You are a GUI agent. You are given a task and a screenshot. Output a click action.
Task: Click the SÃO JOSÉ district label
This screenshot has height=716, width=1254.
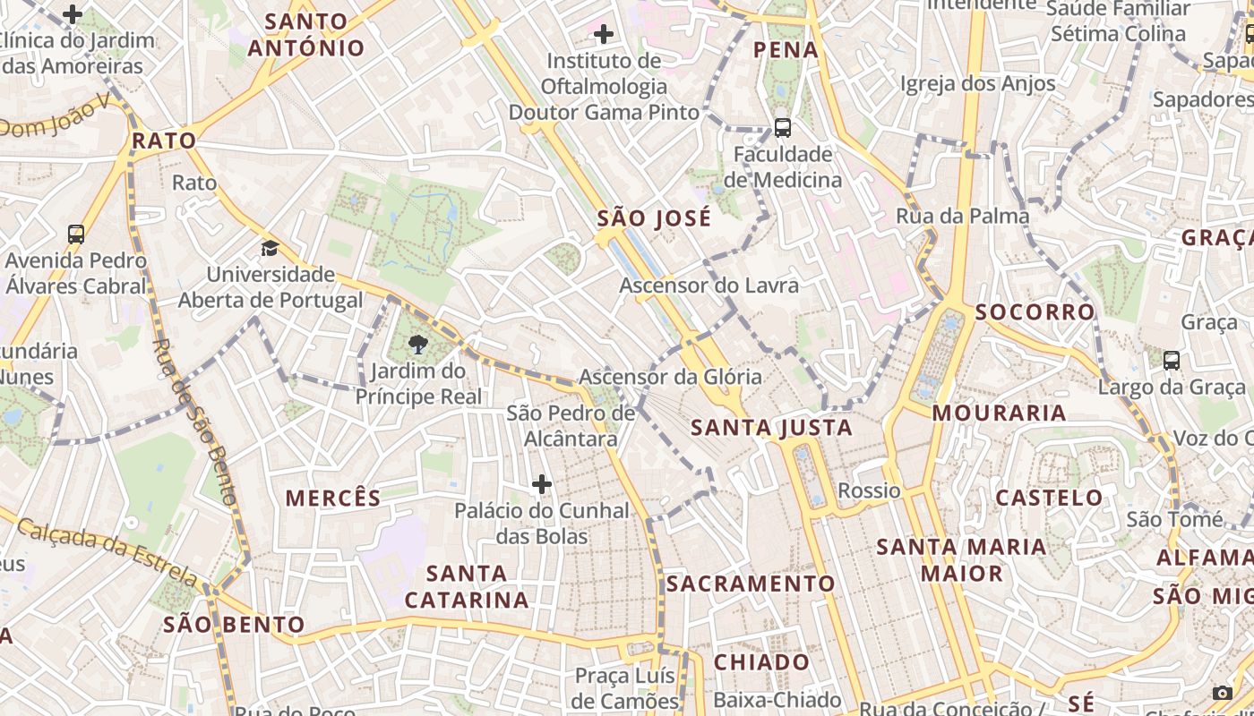point(654,218)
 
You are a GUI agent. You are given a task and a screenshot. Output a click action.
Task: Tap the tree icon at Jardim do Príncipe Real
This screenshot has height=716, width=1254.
point(417,345)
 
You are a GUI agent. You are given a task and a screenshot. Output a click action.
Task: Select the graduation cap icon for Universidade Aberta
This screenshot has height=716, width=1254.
point(270,248)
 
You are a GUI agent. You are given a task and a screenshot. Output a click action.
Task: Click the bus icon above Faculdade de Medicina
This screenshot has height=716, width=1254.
point(782,128)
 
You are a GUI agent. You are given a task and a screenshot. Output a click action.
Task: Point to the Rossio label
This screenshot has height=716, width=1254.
point(869,490)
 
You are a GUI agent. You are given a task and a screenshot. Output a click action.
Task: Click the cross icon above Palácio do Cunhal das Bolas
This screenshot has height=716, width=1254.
point(542,484)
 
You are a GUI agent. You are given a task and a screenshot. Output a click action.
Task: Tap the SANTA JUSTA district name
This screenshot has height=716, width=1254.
point(771,428)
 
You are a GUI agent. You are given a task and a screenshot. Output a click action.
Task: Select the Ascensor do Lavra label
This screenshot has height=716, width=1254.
point(709,286)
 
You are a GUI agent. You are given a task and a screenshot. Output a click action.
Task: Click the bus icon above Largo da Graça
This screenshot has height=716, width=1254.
point(1171,361)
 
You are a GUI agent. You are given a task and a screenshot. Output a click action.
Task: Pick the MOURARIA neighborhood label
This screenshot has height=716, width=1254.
point(999,413)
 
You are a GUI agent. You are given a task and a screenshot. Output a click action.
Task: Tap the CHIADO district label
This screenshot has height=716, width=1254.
point(761,662)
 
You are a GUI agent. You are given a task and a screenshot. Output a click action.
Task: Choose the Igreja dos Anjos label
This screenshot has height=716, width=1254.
point(978,84)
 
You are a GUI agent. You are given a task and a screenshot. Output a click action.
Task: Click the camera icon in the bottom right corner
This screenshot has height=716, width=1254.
point(1222,693)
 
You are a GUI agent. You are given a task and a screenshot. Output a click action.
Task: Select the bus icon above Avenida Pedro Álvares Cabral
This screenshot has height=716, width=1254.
point(76,234)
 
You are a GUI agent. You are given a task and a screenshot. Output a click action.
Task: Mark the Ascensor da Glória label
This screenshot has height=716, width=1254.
point(670,377)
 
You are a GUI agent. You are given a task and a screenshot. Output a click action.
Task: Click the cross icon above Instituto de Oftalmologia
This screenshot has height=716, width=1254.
point(604,35)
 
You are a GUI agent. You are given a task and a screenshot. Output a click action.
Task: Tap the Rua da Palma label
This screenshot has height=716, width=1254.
point(963,216)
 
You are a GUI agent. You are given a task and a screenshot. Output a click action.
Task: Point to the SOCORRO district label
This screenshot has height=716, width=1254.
point(1035,311)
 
